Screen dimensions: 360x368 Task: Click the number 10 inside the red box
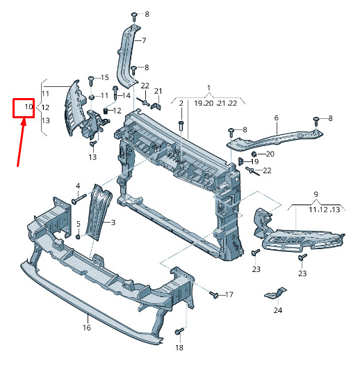[29, 107]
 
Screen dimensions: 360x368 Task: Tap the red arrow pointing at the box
[21, 141]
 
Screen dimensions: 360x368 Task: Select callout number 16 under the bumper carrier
[87, 328]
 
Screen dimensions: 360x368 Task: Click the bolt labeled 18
[179, 331]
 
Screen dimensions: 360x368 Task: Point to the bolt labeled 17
[214, 294]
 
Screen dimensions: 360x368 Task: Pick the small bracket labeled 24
[275, 294]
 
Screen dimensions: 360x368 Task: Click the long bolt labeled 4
[79, 198]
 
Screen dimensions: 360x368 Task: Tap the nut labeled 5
[78, 237]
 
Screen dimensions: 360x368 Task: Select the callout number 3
[113, 222]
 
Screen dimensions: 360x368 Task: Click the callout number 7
[144, 40]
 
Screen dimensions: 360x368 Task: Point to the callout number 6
[277, 118]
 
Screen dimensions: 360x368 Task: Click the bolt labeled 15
[91, 81]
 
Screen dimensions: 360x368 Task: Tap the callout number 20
[270, 154]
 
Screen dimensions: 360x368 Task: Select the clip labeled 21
[156, 106]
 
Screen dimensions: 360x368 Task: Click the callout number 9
[316, 194]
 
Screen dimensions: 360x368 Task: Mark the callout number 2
[181, 103]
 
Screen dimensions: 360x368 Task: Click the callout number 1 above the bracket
[208, 88]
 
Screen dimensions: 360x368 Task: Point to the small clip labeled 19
[240, 161]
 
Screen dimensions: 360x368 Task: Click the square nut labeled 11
[92, 97]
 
